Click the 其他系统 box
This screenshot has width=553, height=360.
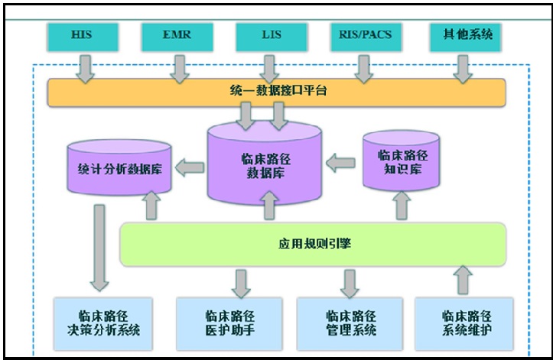click(462, 34)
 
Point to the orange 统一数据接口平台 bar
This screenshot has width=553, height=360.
click(276, 92)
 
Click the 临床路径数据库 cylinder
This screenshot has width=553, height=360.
click(265, 164)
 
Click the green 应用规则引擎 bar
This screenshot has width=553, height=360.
click(313, 245)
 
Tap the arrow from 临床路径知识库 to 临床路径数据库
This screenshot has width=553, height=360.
click(342, 163)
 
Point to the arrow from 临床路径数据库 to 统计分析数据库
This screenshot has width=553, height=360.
click(188, 165)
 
